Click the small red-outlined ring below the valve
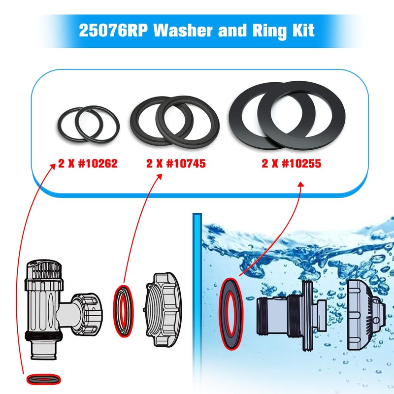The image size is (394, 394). (x=43, y=379)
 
